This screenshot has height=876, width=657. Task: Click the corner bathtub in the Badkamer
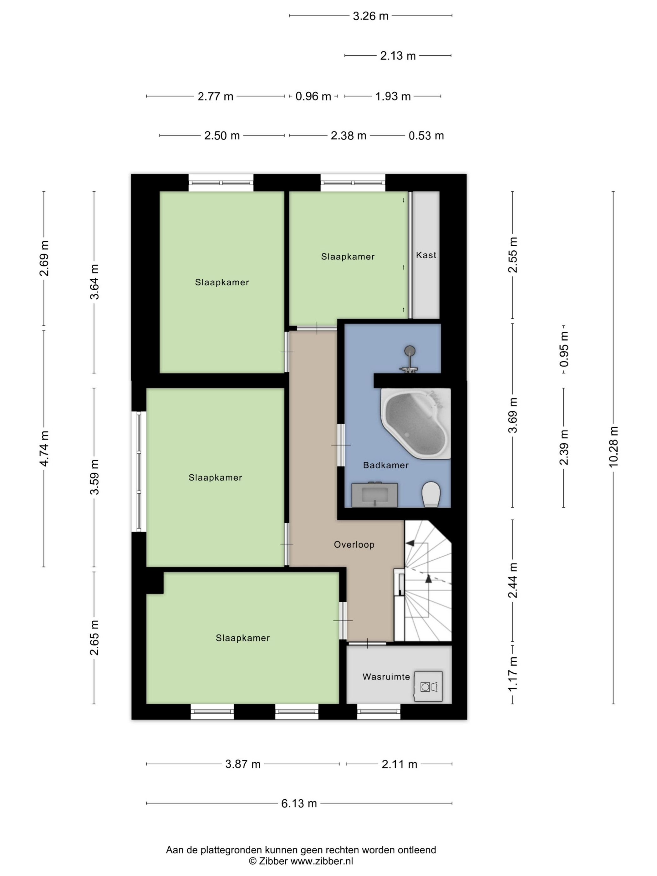tap(416, 423)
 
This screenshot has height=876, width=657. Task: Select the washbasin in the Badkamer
tap(374, 495)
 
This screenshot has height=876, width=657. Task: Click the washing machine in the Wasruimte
tap(428, 686)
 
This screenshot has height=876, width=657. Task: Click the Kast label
tap(426, 255)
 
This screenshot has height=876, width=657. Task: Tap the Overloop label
tap(354, 545)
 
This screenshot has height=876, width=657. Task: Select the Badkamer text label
tap(386, 465)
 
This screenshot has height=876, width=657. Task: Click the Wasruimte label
tap(386, 677)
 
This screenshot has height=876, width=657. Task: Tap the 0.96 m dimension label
tap(313, 96)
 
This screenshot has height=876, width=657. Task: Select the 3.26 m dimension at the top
tap(371, 16)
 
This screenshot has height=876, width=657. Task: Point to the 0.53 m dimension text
tap(426, 136)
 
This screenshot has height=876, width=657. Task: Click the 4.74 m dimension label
tap(44, 449)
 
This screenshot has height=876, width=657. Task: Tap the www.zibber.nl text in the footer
tap(322, 861)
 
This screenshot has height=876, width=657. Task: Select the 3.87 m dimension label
tap(243, 764)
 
